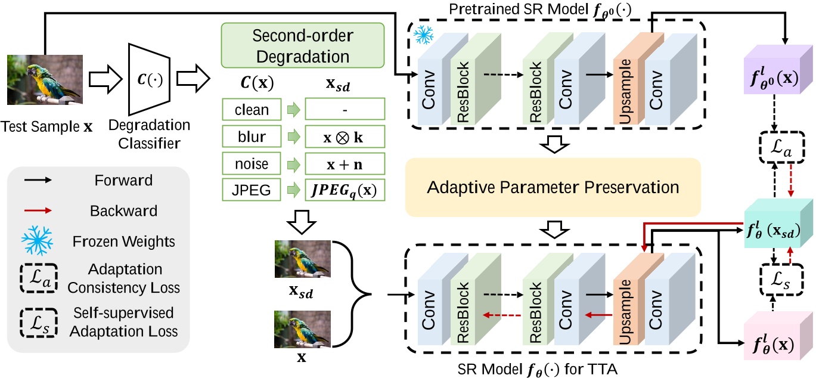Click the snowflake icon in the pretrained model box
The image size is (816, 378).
coord(424,35)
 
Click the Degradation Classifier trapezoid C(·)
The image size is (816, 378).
coord(150,76)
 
